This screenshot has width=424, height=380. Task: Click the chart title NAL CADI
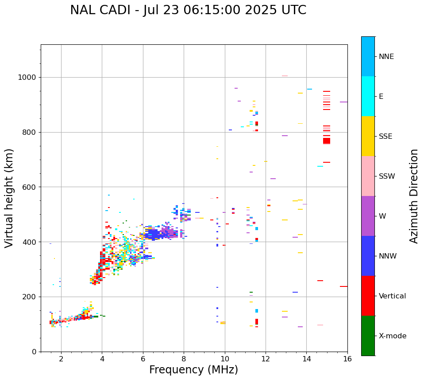click(188, 10)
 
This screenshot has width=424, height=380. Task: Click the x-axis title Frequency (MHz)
click(193, 370)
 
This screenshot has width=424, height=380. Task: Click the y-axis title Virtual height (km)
click(9, 198)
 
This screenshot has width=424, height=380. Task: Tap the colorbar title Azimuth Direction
click(414, 196)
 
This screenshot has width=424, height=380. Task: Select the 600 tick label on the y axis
click(29, 187)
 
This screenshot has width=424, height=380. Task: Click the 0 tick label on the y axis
click(34, 352)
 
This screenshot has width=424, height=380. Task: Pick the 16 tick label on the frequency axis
click(347, 359)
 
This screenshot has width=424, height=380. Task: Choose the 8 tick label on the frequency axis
click(184, 359)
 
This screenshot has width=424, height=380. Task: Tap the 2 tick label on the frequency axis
click(61, 359)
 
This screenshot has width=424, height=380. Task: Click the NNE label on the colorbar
click(386, 57)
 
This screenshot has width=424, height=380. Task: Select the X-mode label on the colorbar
click(392, 336)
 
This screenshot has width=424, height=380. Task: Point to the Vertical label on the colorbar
click(392, 296)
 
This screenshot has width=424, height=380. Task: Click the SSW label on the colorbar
click(387, 176)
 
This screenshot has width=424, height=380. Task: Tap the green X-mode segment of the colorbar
click(368, 336)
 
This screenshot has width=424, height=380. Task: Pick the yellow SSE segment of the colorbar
click(368, 136)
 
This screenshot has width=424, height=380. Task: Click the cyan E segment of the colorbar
click(368, 96)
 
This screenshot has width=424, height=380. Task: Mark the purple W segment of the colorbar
click(368, 216)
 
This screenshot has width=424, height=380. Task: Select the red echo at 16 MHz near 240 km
click(343, 286)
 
